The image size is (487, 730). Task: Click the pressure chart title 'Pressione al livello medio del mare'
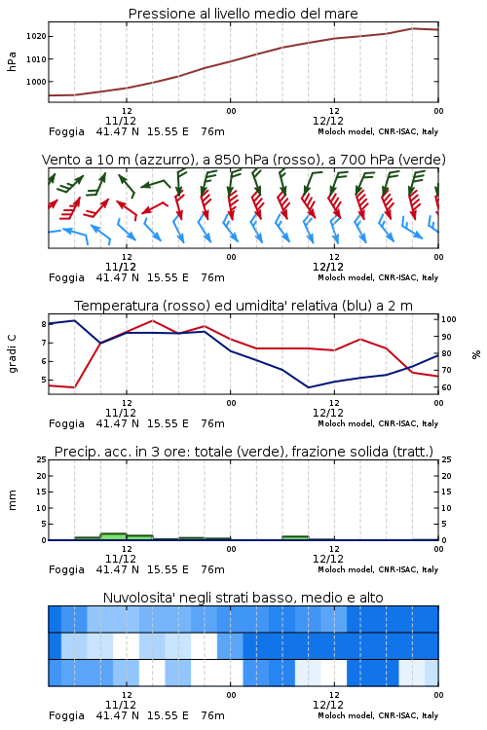click(x=243, y=14)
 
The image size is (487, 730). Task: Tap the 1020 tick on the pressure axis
click(x=36, y=36)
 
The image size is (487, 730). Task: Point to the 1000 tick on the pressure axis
click(x=36, y=82)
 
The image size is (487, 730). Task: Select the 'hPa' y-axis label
click(x=12, y=61)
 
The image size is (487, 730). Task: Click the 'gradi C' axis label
click(x=12, y=354)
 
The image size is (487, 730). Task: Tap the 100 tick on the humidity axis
click(x=449, y=319)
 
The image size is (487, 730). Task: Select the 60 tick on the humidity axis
click(x=446, y=387)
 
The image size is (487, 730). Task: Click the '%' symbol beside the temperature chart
click(x=476, y=354)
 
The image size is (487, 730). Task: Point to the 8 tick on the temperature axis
click(x=44, y=324)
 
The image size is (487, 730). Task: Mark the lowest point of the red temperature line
click(x=74, y=387)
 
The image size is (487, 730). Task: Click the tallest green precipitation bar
click(x=113, y=536)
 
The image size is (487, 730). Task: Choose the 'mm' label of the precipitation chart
click(x=12, y=500)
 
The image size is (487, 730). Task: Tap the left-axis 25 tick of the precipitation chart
click(x=42, y=459)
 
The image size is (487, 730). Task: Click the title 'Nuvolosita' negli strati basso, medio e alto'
click(x=243, y=598)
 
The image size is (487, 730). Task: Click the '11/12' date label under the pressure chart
click(x=121, y=121)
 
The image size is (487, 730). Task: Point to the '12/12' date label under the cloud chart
click(x=328, y=705)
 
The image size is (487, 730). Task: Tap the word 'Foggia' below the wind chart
click(x=66, y=278)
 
